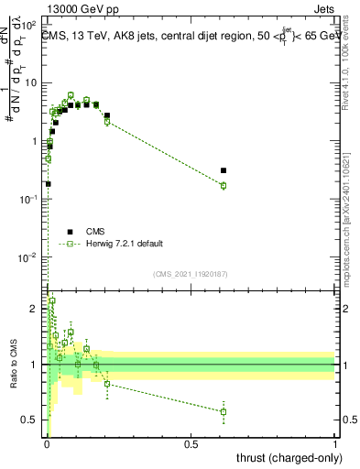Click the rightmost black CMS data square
pyautogui.click(x=224, y=170)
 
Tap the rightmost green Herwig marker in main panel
pyautogui.click(x=224, y=186)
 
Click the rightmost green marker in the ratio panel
pyautogui.click(x=224, y=411)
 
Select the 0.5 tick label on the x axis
pyautogui.click(x=191, y=443)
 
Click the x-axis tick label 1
pyautogui.click(x=335, y=443)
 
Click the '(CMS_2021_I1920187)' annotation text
pyautogui.click(x=190, y=274)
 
